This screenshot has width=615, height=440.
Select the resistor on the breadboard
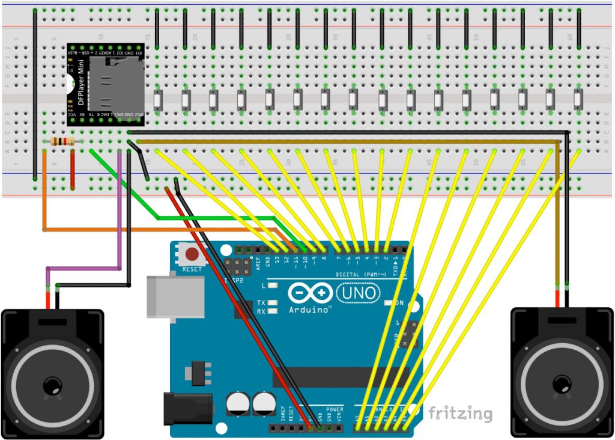tap(62, 142)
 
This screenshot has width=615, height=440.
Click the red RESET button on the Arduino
tap(192, 254)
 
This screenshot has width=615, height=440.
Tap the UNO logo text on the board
tap(359, 293)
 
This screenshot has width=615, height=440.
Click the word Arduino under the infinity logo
tap(310, 310)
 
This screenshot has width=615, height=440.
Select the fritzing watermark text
tap(460, 414)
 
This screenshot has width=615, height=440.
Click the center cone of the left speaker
tap(53, 385)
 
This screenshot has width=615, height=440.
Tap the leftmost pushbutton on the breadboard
tap(157, 100)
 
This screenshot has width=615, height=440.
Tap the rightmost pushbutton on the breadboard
tap(578, 100)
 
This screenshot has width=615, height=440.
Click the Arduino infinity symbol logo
tap(310, 293)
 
